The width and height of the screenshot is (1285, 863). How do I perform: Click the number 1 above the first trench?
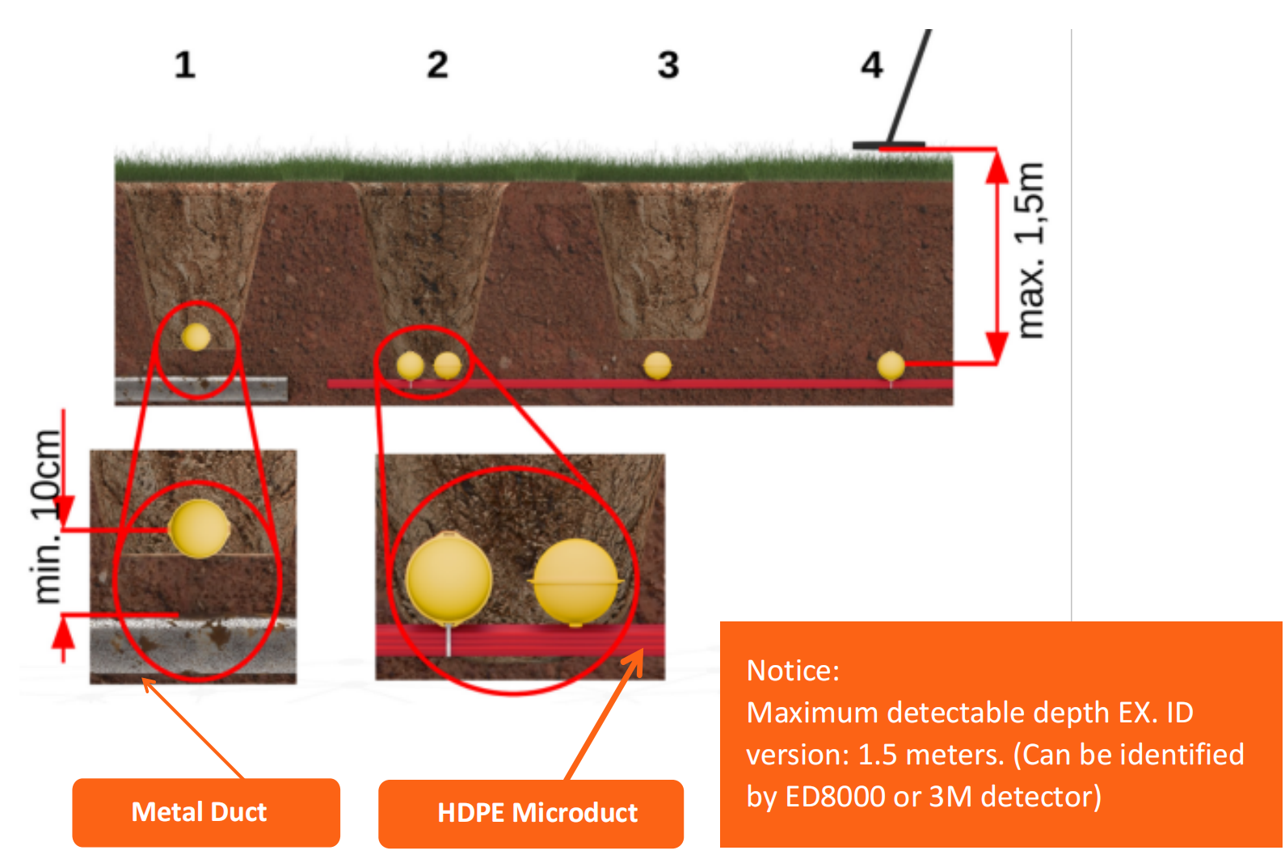[x=184, y=65]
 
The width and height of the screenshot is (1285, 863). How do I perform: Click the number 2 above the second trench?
[x=437, y=65]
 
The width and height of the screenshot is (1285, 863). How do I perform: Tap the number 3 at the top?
[x=668, y=65]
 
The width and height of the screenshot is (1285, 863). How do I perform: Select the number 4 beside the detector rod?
[x=871, y=65]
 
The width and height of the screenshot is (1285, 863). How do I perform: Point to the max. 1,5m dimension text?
[x=1030, y=250]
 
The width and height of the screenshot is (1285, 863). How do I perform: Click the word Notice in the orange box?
[x=793, y=671]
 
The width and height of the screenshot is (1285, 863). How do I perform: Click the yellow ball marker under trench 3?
[x=657, y=366]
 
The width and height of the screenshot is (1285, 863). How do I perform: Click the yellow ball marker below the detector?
[x=891, y=365]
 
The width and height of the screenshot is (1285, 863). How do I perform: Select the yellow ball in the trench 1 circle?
[x=196, y=337]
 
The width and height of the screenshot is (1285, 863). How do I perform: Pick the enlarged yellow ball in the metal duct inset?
[x=199, y=528]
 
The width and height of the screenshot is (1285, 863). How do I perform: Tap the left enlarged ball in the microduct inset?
[x=449, y=579]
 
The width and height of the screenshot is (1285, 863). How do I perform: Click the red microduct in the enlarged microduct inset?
[x=517, y=640]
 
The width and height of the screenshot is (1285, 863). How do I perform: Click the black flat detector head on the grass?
[x=887, y=145]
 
